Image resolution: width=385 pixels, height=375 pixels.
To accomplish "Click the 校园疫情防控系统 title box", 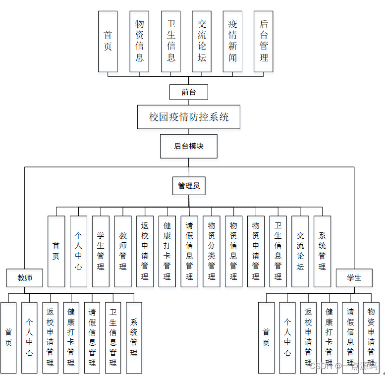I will [x=189, y=117].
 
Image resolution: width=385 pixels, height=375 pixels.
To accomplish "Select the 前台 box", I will [x=188, y=92].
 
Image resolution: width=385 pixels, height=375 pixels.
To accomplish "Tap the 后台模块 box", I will [x=188, y=146].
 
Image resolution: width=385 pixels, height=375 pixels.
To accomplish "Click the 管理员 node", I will [x=189, y=186].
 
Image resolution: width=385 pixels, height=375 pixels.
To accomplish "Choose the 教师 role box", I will [x=25, y=277].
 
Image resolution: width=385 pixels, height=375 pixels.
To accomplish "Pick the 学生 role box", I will [x=354, y=277].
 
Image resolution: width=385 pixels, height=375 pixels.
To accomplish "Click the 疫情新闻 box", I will [x=232, y=41].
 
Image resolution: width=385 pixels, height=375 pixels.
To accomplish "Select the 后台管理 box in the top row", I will [x=264, y=41].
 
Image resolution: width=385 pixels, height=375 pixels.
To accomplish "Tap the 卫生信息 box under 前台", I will [x=170, y=41].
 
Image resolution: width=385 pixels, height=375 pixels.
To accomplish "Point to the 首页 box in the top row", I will [x=108, y=41].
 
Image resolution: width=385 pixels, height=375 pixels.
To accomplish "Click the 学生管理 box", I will [x=101, y=251].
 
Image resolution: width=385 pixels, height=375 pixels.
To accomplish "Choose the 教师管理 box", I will [x=123, y=251].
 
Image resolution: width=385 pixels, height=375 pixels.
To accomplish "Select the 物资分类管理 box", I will [x=212, y=251].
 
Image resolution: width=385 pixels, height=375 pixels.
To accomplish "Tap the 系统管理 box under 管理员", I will [x=322, y=251].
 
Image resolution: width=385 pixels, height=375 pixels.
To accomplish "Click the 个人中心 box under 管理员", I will [x=78, y=251].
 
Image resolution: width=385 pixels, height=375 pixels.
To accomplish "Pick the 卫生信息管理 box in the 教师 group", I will [x=113, y=337].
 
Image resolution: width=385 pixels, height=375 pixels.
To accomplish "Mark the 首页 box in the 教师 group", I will [x=8, y=337].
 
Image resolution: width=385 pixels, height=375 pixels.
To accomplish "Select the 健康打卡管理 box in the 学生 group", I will [x=329, y=337].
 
